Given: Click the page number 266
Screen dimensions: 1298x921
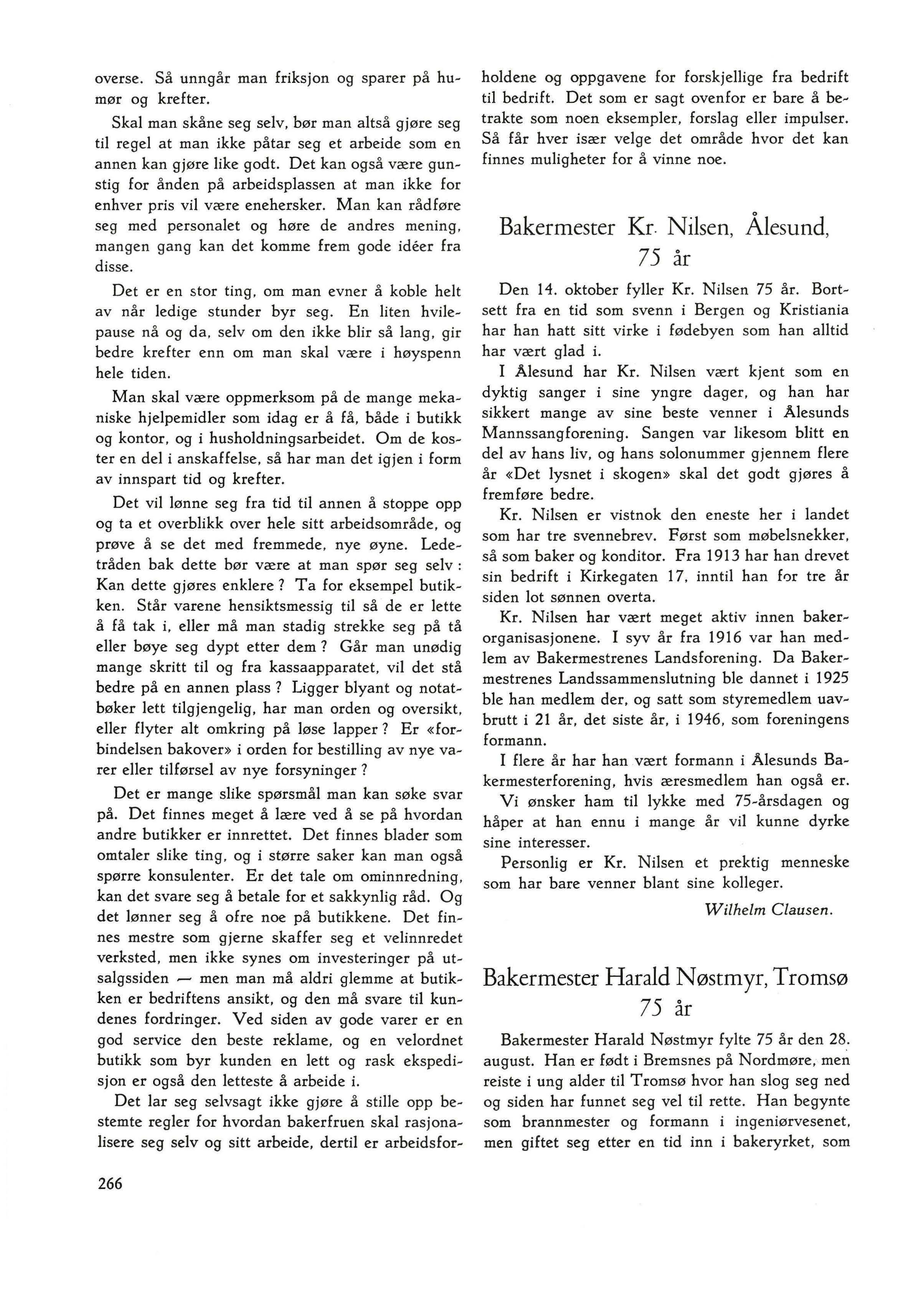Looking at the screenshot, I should [x=109, y=1184].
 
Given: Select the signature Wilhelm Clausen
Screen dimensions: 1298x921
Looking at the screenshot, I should [x=768, y=910].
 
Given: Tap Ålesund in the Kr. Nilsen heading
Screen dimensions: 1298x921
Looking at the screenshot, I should [x=787, y=228].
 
